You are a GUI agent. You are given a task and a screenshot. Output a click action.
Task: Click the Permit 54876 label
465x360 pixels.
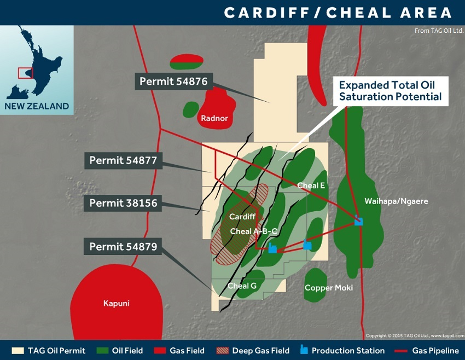pyautogui.click(x=173, y=82)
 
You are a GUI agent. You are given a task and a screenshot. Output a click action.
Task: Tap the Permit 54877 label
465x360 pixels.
pyautogui.click(x=124, y=161)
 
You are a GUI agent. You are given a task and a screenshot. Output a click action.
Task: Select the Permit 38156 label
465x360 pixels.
pyautogui.click(x=124, y=204)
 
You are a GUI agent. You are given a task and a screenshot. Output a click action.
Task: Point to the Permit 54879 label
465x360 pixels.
pyautogui.click(x=124, y=247)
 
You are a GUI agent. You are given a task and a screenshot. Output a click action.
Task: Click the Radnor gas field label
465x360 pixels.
pyautogui.click(x=214, y=118)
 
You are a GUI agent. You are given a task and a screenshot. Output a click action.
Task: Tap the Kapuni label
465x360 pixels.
pyautogui.click(x=117, y=303)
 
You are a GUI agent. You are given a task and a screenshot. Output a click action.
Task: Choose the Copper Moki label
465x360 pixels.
pyautogui.click(x=329, y=288)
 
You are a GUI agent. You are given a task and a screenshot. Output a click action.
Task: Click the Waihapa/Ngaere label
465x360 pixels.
pyautogui.click(x=396, y=201)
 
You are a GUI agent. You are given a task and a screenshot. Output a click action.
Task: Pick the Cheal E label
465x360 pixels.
pyautogui.click(x=311, y=186)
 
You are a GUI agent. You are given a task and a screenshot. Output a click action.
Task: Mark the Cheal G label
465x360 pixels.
pyautogui.click(x=242, y=286)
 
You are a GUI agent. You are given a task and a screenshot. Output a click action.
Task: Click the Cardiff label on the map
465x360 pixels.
pyautogui.click(x=242, y=217)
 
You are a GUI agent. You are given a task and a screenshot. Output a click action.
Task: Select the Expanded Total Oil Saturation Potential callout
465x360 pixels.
pyautogui.click(x=390, y=91)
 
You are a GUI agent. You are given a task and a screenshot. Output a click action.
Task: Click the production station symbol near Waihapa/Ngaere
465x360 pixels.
pyautogui.click(x=358, y=221)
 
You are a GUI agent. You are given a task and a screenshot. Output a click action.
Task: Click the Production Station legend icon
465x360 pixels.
pyautogui.click(x=304, y=350)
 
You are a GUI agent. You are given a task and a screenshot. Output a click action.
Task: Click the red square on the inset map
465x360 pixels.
pyautogui.click(x=25, y=73)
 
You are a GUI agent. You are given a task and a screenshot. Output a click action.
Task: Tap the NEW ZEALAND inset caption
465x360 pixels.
pyautogui.click(x=37, y=106)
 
